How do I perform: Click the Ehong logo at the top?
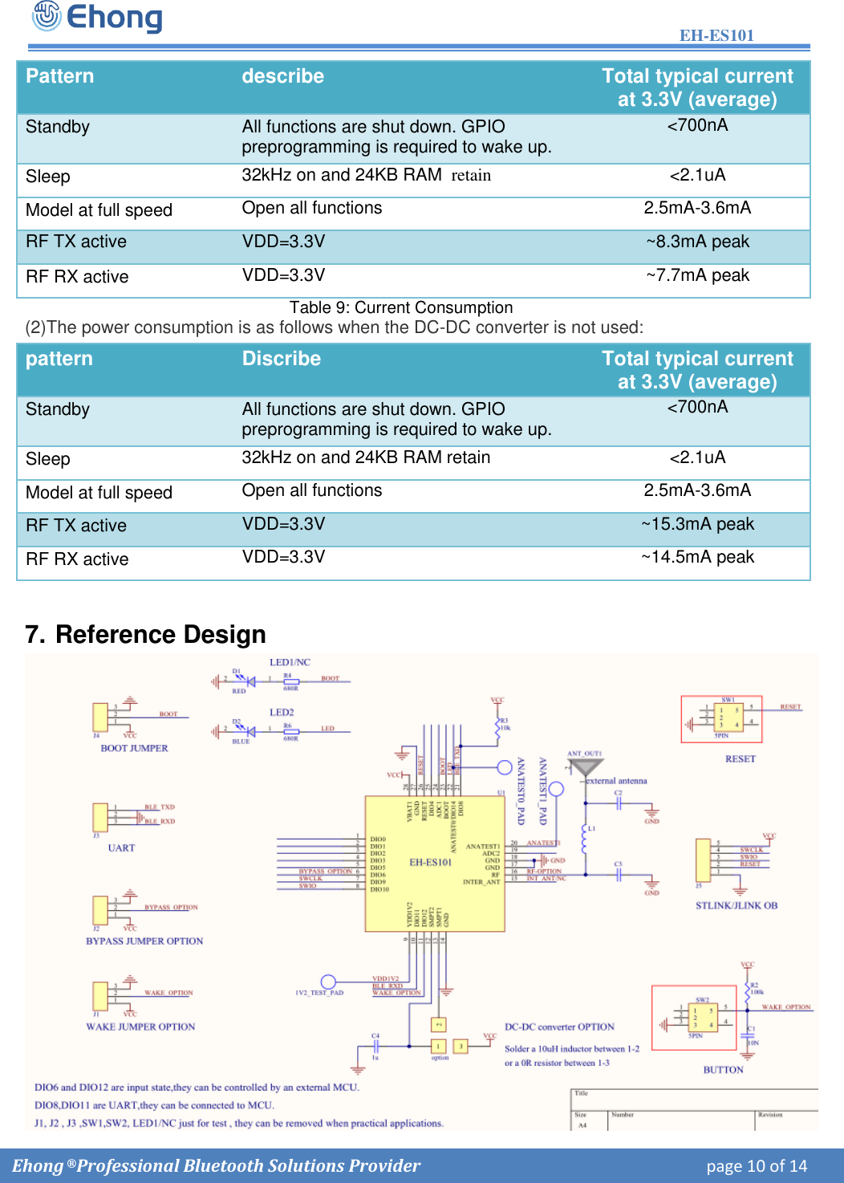[97, 17]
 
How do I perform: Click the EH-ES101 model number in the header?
[716, 35]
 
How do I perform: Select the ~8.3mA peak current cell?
[697, 242]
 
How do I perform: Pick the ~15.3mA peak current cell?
[697, 524]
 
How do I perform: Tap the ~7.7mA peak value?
[697, 275]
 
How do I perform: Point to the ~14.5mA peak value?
[697, 557]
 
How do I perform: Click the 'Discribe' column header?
[281, 359]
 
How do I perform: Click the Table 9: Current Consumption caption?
[400, 307]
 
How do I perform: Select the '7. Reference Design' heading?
[145, 634]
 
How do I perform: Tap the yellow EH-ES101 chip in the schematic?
[434, 864]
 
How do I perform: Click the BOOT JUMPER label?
[134, 748]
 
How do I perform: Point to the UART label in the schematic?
[121, 848]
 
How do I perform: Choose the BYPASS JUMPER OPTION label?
[144, 941]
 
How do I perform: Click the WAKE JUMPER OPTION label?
[140, 1026]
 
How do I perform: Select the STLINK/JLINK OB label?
[736, 905]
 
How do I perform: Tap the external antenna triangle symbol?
[585, 766]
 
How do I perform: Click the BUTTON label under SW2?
[723, 1070]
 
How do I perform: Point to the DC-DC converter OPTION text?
[559, 1026]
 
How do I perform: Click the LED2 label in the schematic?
[282, 712]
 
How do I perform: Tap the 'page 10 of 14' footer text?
[756, 1166]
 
